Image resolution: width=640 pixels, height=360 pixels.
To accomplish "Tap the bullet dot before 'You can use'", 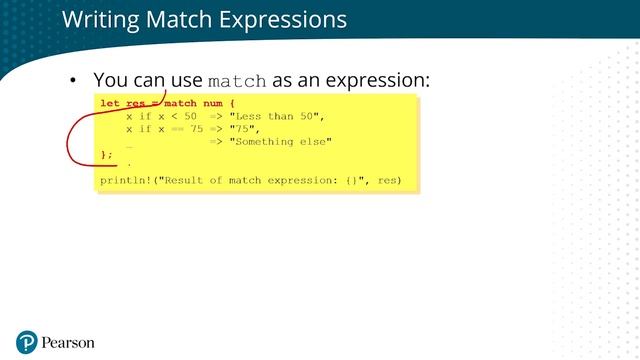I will coord(72,80).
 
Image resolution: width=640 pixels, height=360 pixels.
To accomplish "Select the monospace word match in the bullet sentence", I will coord(237,80).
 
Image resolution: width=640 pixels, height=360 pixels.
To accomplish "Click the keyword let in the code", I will coord(110,104).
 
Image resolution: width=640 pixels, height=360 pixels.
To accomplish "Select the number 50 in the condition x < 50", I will coord(190,117).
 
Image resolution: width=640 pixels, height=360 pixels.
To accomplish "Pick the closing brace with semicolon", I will coord(107,155).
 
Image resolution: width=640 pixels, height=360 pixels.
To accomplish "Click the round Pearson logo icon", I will coord(26,342).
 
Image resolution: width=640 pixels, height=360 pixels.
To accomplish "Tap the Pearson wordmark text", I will coord(68,343).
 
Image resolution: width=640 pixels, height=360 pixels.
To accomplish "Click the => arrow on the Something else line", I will coord(216,142).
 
